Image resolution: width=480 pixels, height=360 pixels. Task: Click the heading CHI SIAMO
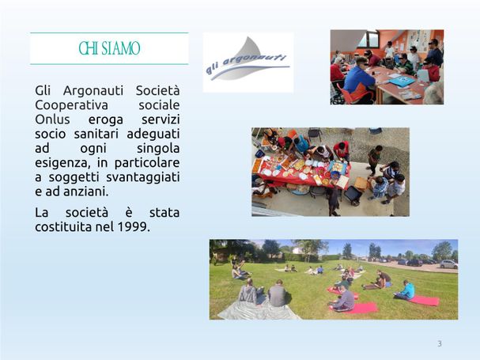click(x=109, y=48)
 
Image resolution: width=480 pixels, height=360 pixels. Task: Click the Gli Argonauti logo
click(x=248, y=63)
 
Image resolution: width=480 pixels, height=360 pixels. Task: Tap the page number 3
click(x=440, y=343)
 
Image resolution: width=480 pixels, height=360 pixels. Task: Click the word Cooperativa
click(x=71, y=105)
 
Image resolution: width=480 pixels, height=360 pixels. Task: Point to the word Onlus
click(x=52, y=119)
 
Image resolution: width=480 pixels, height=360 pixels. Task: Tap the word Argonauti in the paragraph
click(x=93, y=91)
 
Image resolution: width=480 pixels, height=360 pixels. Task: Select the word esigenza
click(x=62, y=163)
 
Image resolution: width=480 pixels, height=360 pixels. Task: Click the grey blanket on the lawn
click(x=258, y=310)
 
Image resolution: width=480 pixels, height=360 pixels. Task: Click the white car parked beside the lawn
click(x=448, y=264)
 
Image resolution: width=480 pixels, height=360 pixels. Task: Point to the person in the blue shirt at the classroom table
click(x=359, y=79)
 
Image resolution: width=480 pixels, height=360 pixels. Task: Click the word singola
click(x=158, y=149)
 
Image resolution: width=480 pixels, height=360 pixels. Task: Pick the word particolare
click(x=147, y=163)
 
